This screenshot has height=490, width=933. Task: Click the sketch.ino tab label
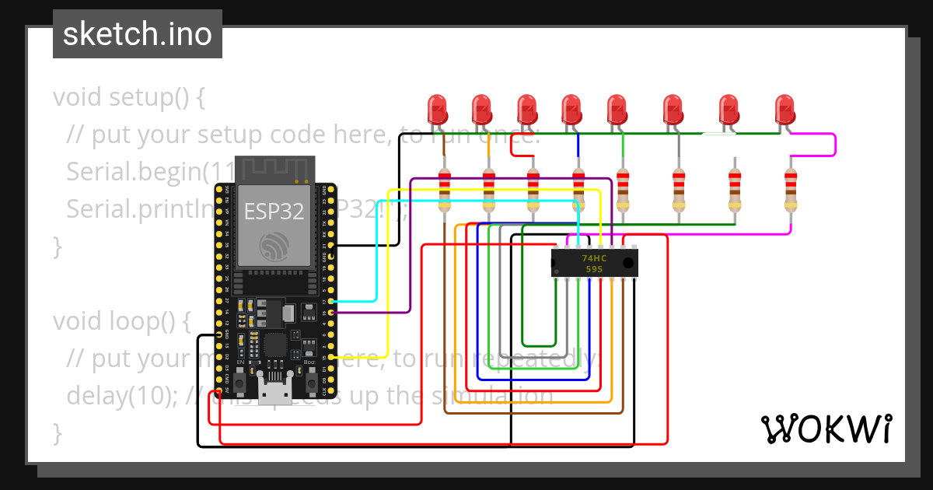point(137,34)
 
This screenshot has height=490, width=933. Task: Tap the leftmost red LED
point(438,108)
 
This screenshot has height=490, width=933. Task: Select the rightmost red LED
point(785,108)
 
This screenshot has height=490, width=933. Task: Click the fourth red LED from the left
point(572,108)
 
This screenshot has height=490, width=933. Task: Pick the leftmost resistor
point(445,191)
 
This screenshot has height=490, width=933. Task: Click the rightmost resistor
point(791,191)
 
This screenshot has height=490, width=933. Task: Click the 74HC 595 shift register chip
point(594,263)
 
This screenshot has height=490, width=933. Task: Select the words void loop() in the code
point(121,320)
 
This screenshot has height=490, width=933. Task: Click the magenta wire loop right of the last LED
point(834,145)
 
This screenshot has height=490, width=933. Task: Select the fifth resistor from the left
point(623,191)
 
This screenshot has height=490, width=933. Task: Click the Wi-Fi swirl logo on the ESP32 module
point(274,246)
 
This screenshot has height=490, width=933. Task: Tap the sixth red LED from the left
point(673,108)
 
